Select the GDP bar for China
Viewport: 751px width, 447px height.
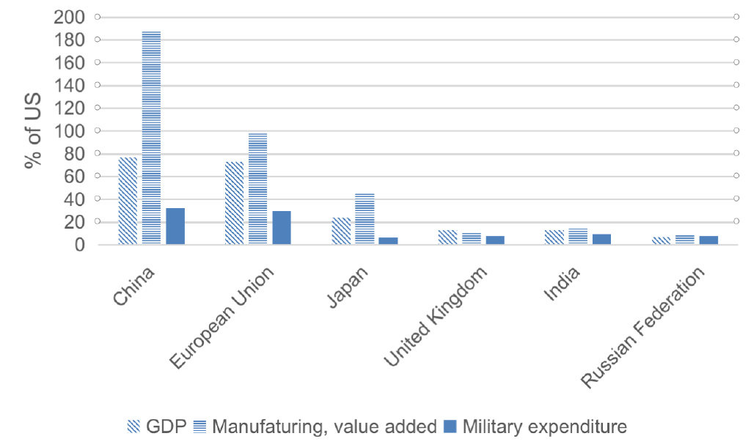tap(128, 201)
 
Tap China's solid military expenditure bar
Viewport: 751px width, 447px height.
tap(175, 226)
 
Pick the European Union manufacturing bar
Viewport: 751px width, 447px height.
tap(257, 188)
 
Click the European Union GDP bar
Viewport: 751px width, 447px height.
tap(234, 203)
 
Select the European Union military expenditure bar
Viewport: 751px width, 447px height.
tap(282, 227)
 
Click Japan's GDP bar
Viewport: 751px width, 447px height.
tap(341, 231)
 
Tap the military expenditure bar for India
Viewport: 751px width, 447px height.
tap(601, 239)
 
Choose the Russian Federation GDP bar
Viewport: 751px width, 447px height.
tap(661, 240)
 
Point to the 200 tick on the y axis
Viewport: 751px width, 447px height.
tap(70, 16)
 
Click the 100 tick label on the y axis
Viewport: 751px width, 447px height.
tap(70, 130)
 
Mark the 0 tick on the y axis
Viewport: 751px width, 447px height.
tap(79, 245)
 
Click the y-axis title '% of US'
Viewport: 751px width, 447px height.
tap(32, 130)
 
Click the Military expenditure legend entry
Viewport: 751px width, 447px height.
tap(536, 426)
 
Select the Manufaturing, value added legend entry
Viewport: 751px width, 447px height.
tap(315, 426)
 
